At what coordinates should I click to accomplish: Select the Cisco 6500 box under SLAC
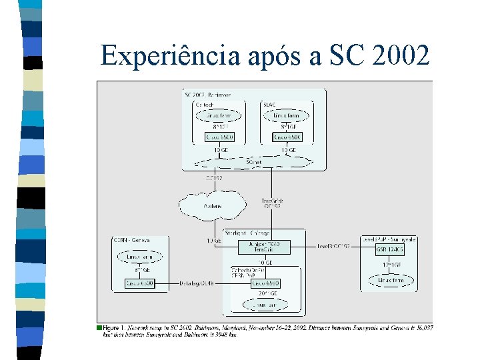click(x=287, y=137)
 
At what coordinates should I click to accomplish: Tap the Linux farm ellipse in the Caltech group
click(x=220, y=115)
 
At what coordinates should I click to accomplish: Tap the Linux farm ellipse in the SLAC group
click(x=288, y=115)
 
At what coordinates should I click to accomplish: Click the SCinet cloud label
click(x=253, y=162)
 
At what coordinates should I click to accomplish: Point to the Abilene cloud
click(x=213, y=206)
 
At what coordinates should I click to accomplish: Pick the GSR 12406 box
click(x=390, y=249)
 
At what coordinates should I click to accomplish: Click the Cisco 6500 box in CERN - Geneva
click(x=140, y=283)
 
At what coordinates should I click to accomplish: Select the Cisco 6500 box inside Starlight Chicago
click(x=265, y=283)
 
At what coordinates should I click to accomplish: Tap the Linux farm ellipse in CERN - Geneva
click(x=140, y=257)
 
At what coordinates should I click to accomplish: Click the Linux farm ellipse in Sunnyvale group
click(x=391, y=281)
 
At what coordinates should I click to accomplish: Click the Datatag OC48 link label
click(x=197, y=283)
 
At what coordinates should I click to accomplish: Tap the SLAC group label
click(x=270, y=104)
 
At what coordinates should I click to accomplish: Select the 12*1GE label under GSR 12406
click(x=391, y=265)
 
